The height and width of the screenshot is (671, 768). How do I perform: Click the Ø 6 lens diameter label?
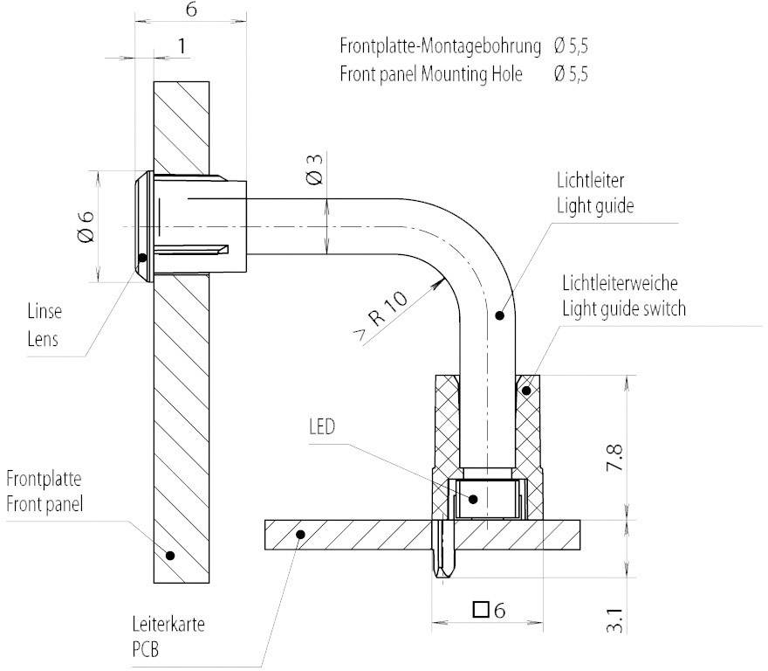coord(85,225)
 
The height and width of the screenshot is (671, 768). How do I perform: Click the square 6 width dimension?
coord(489,610)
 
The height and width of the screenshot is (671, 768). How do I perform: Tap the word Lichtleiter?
coord(591,180)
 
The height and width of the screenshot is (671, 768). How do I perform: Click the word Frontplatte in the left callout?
coord(44,479)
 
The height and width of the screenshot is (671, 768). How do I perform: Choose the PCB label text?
coord(141,651)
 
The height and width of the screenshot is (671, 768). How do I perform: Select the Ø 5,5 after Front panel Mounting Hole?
coord(571,74)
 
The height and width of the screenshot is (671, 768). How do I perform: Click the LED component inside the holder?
coord(485,499)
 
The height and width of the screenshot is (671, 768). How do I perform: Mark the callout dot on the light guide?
coord(498,315)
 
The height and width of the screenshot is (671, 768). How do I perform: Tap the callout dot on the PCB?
coord(298,532)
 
